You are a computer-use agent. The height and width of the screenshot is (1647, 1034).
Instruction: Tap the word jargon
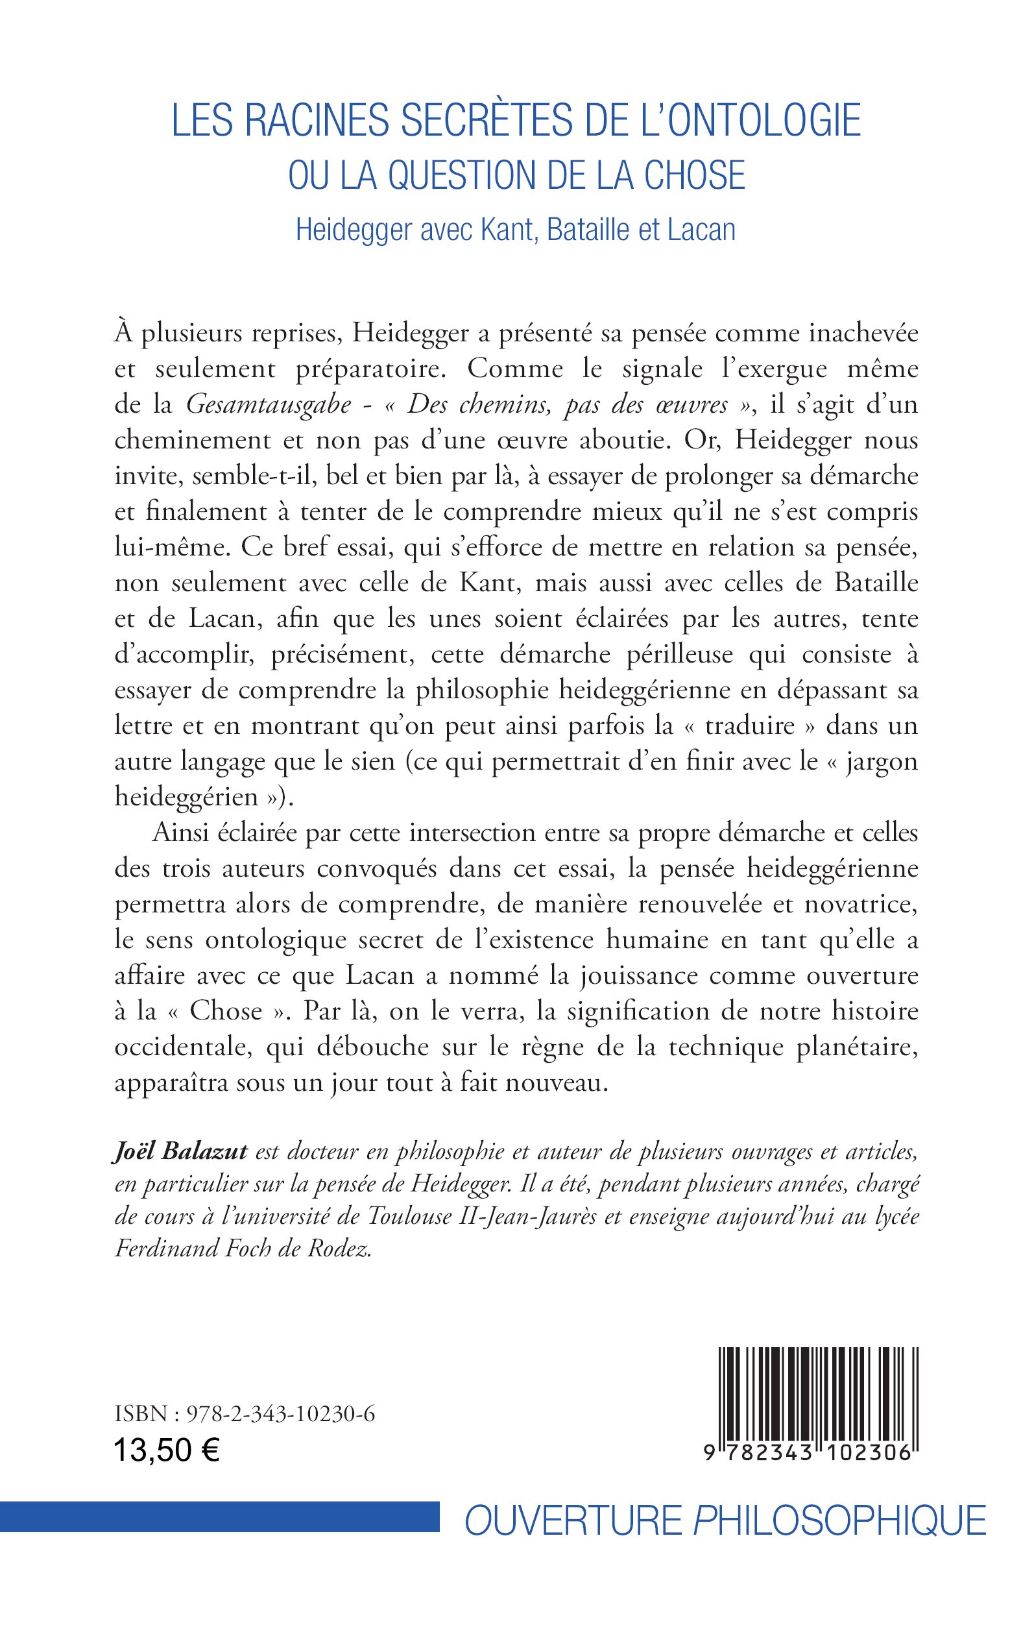coord(881,761)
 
